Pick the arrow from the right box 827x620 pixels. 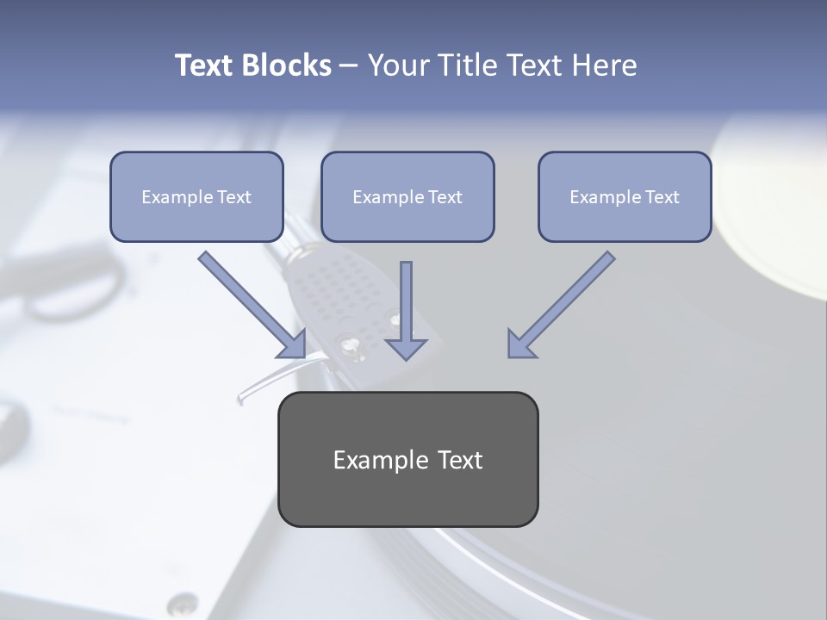tap(561, 305)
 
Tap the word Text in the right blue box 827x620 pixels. tap(662, 197)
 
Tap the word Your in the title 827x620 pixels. tap(399, 65)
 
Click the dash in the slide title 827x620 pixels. tap(349, 66)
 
